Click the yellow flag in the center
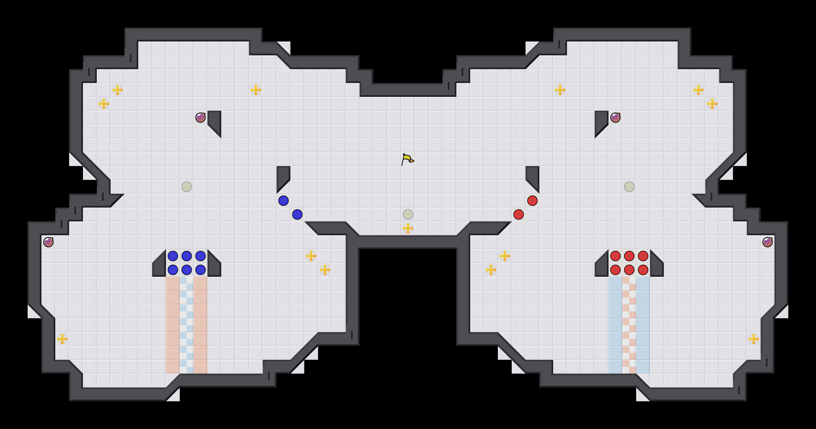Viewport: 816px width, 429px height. pyautogui.click(x=407, y=159)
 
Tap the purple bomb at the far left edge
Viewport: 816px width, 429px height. pyautogui.click(x=48, y=242)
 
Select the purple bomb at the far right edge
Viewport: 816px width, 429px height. pyautogui.click(x=768, y=242)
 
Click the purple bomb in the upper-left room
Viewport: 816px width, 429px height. pyautogui.click(x=201, y=118)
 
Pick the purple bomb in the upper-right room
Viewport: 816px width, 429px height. pyautogui.click(x=615, y=118)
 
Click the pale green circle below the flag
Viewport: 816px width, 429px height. pyautogui.click(x=408, y=214)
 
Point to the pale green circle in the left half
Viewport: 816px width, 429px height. pyautogui.click(x=187, y=187)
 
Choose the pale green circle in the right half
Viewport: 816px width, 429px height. pyautogui.click(x=629, y=187)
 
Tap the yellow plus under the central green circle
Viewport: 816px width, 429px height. pyautogui.click(x=408, y=228)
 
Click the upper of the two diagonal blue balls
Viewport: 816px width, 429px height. pyautogui.click(x=284, y=201)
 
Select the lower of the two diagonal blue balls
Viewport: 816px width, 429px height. pyautogui.click(x=297, y=214)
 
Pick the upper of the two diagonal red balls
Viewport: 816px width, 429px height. pyautogui.click(x=532, y=201)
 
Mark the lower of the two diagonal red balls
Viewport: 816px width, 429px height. pyautogui.click(x=519, y=214)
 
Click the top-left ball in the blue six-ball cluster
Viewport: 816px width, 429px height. pyautogui.click(x=173, y=256)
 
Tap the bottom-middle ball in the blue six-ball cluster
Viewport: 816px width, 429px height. pyautogui.click(x=187, y=270)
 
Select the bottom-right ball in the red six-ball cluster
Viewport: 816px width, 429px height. pyautogui.click(x=643, y=270)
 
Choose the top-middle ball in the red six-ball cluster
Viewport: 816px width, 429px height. pyautogui.click(x=629, y=256)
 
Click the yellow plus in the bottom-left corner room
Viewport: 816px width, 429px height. pyautogui.click(x=62, y=339)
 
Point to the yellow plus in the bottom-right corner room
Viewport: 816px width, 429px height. pyautogui.click(x=754, y=339)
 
